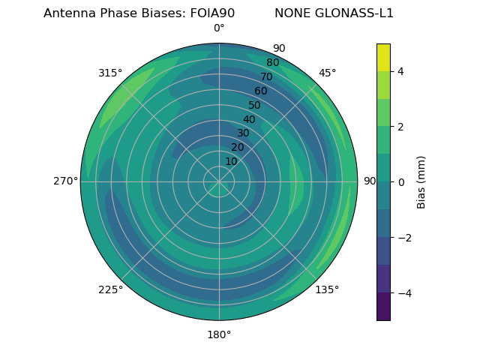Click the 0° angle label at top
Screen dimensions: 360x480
click(x=219, y=28)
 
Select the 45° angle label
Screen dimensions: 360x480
click(x=327, y=73)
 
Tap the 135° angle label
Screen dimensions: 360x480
click(x=327, y=289)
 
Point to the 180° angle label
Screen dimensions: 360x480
click(x=219, y=334)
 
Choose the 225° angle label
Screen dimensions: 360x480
click(x=110, y=289)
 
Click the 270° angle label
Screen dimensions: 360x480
click(x=65, y=181)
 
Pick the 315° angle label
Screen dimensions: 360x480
click(x=110, y=73)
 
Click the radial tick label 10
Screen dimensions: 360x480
click(x=231, y=161)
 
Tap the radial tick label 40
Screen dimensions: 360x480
click(x=249, y=119)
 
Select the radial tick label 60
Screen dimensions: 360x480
click(x=261, y=91)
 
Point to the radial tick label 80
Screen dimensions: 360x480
click(x=272, y=62)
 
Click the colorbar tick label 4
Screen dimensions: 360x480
click(x=400, y=71)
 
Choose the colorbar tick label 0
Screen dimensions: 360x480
click(x=400, y=182)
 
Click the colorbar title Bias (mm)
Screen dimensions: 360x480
click(x=421, y=182)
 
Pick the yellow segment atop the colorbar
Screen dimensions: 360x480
click(x=383, y=57)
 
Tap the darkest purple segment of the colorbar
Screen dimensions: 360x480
click(x=383, y=307)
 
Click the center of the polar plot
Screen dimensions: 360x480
click(x=219, y=181)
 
